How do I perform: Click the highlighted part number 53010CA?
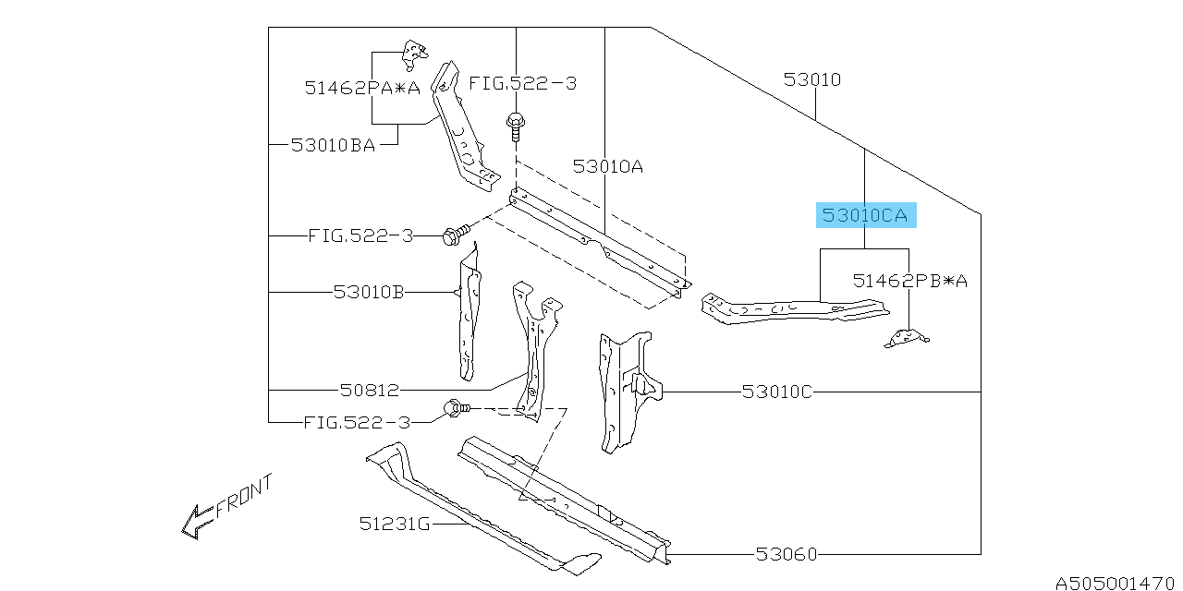tap(865, 216)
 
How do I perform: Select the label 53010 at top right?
tap(812, 80)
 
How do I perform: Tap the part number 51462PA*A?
tap(362, 89)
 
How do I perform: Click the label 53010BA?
tap(333, 145)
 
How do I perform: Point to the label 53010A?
tap(607, 167)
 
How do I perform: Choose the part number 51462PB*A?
tap(909, 281)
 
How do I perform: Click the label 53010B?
tap(369, 293)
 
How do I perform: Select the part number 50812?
tap(370, 391)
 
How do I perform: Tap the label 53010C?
tap(776, 392)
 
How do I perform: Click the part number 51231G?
tap(395, 525)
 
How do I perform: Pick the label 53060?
tap(786, 554)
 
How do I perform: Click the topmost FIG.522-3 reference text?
tap(522, 83)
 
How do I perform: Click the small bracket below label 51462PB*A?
tap(907, 340)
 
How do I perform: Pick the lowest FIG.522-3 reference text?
tap(356, 423)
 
